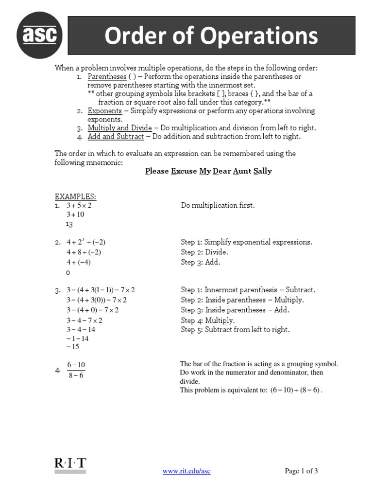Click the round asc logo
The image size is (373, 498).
point(40,35)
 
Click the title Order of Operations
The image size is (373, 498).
point(211,36)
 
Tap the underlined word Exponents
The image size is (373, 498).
point(104,111)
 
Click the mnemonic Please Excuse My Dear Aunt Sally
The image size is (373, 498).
point(209,171)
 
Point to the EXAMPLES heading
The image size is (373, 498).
point(75,196)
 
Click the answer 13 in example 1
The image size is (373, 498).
point(69,224)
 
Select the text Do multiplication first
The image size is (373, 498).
point(218,206)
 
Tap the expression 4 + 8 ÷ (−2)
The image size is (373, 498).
point(84,252)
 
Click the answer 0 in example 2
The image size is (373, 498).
point(68,273)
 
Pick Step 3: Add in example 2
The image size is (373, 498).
point(201,262)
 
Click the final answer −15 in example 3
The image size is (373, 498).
point(73,347)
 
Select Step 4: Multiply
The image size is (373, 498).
point(207,320)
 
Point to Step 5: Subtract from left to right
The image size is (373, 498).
point(235,330)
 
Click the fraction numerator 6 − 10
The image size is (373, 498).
point(76,365)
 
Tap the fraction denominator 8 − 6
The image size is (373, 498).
point(76,376)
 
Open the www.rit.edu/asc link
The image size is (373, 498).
point(186,471)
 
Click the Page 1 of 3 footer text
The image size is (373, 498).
point(301,471)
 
